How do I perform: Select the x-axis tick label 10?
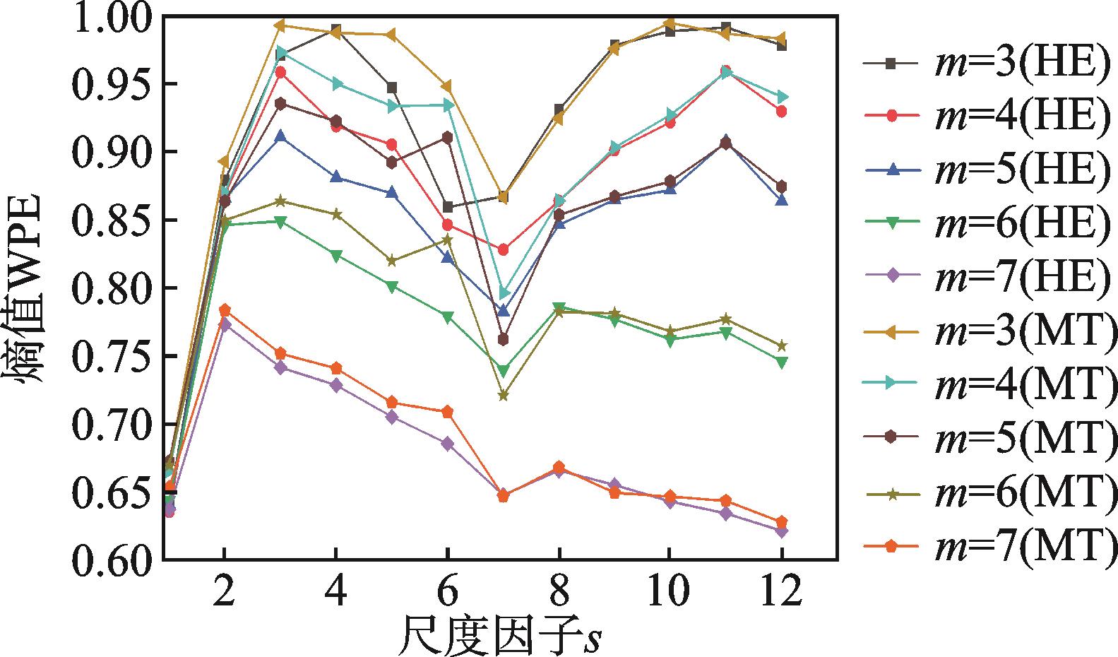(668, 592)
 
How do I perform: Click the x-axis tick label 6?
(447, 592)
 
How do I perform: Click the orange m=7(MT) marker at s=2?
(225, 310)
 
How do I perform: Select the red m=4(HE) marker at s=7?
(503, 250)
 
